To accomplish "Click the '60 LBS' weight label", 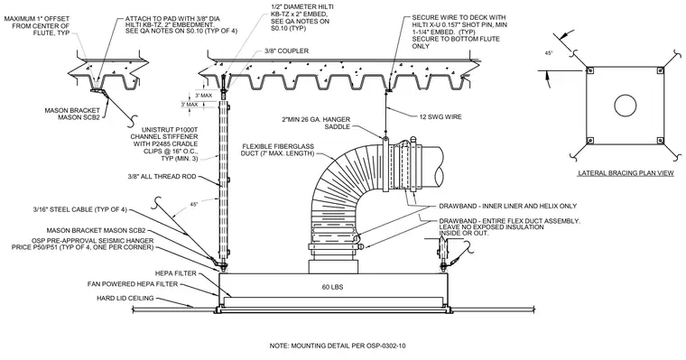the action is pos(332,287).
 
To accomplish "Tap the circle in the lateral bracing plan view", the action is pos(625,106).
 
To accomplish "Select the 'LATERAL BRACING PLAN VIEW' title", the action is pos(626,173).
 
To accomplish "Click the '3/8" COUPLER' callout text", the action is pos(286,51).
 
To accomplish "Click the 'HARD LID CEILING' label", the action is pos(125,299).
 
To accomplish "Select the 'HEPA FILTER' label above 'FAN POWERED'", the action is pos(176,273).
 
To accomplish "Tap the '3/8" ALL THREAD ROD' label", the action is pos(162,177).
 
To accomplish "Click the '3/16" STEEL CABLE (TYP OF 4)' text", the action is pos(79,209).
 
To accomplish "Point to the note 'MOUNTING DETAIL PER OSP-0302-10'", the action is pos(338,346).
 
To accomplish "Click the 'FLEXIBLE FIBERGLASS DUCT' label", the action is pos(277,150).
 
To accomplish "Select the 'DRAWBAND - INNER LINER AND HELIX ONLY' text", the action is pos(508,206).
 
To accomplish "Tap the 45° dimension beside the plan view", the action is pos(549,53).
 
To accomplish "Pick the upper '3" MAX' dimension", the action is pos(203,96).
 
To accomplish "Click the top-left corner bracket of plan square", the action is pos(589,70).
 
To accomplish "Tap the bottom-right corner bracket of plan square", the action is pos(660,141).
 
